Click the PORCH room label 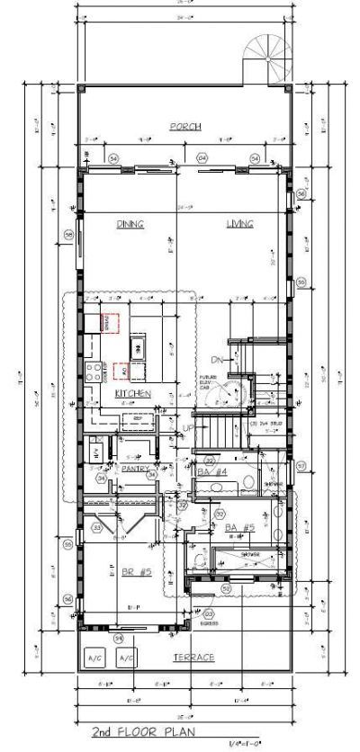click(184, 126)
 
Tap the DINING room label click(130, 224)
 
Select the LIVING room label click(239, 224)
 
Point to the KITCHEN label click(131, 394)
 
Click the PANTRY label click(134, 468)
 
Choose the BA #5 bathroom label click(238, 527)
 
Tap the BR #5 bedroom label click(133, 572)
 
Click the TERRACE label click(193, 658)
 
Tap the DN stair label click(217, 359)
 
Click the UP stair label click(187, 428)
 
